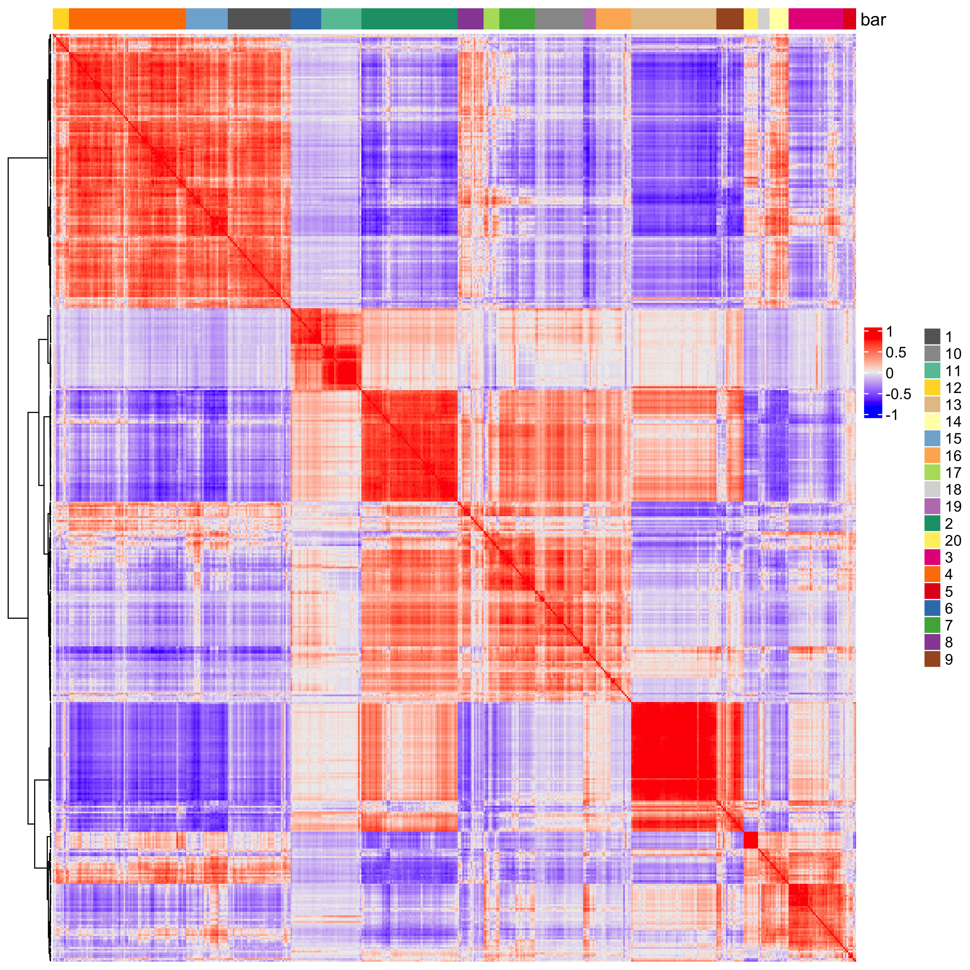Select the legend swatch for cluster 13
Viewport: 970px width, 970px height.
click(x=932, y=405)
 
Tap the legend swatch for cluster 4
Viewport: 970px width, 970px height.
click(x=932, y=574)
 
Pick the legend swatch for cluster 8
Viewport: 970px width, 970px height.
click(x=932, y=642)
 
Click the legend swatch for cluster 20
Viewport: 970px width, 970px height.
click(x=932, y=540)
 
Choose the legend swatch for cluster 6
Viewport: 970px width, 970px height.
click(x=932, y=608)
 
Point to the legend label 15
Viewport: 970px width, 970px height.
click(x=953, y=439)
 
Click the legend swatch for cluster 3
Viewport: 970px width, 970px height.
click(x=932, y=557)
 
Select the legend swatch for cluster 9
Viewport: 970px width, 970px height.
click(x=932, y=659)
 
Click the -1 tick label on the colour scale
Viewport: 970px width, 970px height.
click(x=892, y=415)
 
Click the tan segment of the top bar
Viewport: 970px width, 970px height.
click(x=673, y=19)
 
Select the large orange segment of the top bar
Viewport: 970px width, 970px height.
click(x=127, y=19)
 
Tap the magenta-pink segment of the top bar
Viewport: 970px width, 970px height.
click(x=816, y=19)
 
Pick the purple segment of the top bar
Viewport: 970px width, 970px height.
click(x=470, y=19)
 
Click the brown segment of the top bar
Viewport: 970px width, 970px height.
click(x=730, y=19)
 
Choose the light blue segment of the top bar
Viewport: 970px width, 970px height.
click(x=207, y=19)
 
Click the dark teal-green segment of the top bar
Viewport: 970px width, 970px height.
click(x=409, y=19)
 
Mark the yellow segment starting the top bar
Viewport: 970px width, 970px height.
click(x=61, y=19)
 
